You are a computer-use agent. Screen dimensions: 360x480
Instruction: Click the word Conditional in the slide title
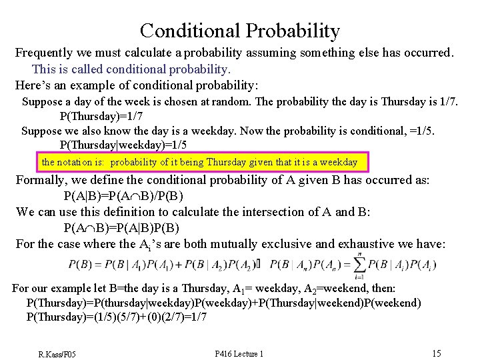190,31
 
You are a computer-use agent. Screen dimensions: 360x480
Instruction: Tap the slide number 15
436,353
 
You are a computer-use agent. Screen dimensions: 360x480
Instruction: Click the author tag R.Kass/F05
57,353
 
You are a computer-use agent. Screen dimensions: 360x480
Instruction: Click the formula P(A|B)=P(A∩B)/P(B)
123,196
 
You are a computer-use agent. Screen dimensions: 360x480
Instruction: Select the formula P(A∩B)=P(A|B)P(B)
121,228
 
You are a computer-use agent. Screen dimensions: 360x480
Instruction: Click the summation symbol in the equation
360,265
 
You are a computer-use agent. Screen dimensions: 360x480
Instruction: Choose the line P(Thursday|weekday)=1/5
123,145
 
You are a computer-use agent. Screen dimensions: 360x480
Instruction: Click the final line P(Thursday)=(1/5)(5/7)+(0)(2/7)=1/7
116,317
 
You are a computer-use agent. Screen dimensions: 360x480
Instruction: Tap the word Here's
33,85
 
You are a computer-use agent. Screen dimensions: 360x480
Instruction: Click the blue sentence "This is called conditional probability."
131,69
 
